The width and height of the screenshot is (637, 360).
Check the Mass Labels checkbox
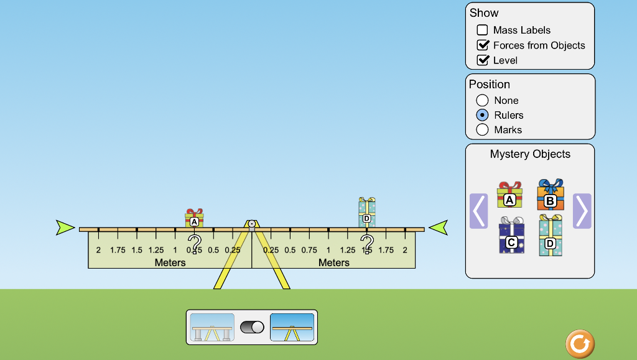[x=482, y=30]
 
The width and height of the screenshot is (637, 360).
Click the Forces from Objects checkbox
[x=482, y=45]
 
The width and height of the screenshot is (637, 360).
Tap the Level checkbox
[x=482, y=60]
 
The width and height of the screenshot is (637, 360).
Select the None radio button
[x=482, y=100]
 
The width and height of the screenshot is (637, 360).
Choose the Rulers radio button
[x=482, y=115]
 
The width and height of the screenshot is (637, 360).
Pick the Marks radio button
[x=482, y=129]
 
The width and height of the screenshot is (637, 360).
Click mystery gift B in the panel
[x=550, y=195]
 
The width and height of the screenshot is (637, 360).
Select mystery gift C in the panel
[x=511, y=236]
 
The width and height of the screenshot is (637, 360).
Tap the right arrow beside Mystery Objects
[x=582, y=211]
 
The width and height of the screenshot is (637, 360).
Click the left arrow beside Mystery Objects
[x=478, y=211]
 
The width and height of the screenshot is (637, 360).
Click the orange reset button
[x=580, y=344]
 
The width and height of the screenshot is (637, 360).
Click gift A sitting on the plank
[x=194, y=218]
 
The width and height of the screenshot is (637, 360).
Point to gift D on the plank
[x=366, y=213]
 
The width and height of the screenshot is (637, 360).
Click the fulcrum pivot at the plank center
[x=252, y=223]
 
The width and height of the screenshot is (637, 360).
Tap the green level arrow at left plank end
[x=65, y=228]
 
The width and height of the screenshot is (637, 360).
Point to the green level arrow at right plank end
[x=439, y=228]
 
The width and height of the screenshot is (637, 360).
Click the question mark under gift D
[x=367, y=243]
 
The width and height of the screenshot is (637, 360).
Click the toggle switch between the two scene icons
[x=252, y=327]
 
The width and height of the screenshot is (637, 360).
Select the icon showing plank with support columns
[x=212, y=327]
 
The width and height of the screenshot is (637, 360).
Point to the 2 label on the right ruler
[x=405, y=250]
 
